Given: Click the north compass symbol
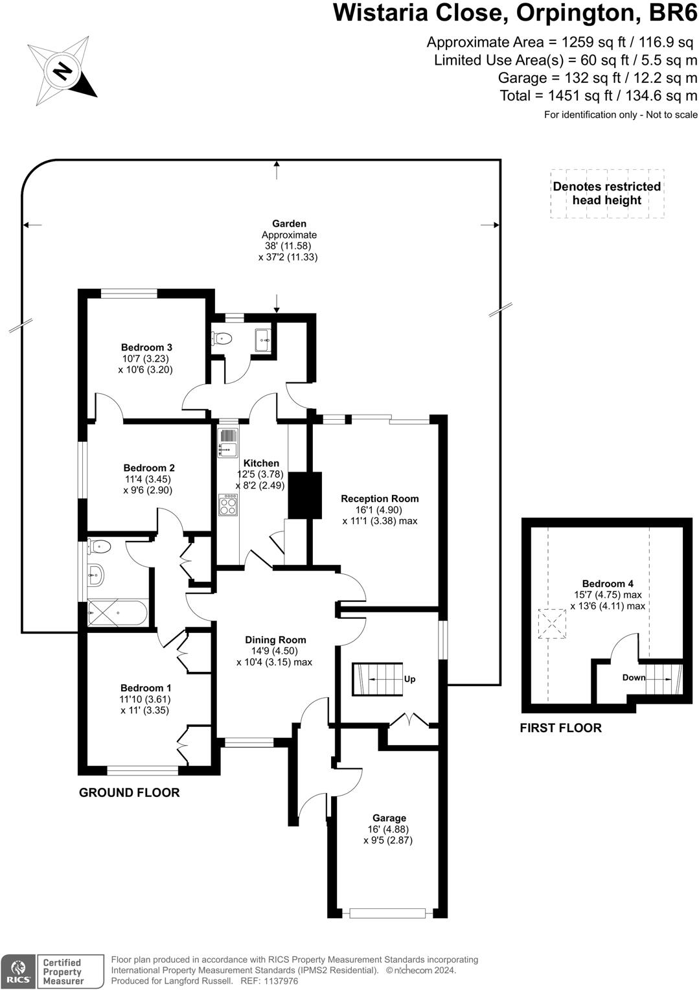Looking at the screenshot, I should click(62, 71).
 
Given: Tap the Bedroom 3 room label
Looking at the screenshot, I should click(146, 347).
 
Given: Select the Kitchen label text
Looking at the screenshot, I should click(261, 463).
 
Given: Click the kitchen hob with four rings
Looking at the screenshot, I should click(228, 505).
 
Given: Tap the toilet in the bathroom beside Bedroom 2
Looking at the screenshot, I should click(99, 547).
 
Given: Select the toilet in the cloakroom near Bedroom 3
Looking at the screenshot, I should click(222, 338).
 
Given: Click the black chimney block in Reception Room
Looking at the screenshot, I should click(304, 495).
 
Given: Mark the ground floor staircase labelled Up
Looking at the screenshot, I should click(378, 679).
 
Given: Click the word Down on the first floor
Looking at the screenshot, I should click(634, 678).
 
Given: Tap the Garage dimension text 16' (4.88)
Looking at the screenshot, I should click(388, 829).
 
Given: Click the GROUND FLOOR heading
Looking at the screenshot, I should click(129, 792).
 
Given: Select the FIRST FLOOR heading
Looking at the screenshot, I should click(560, 728).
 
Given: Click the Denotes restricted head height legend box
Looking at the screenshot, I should click(607, 194).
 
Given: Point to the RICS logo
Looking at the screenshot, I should click(17, 971).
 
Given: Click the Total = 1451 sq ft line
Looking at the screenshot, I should click(598, 96).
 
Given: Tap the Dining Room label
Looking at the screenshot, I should click(275, 639).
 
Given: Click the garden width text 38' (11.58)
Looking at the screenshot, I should click(288, 246).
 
